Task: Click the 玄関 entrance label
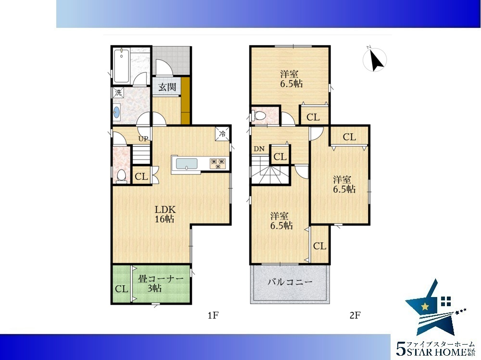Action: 167,87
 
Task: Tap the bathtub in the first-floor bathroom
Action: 122,66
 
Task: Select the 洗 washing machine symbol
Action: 118,92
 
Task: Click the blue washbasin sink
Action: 116,112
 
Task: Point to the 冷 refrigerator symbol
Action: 222,134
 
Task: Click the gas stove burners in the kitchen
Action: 218,163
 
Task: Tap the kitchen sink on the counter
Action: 187,163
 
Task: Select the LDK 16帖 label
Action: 165,214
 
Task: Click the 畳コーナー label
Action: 161,279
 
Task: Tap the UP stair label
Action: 143,138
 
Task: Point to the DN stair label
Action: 259,149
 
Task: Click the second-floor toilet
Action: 258,116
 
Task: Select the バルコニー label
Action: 290,282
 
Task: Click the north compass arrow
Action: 376,60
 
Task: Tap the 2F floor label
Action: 355,315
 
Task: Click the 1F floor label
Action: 213,315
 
